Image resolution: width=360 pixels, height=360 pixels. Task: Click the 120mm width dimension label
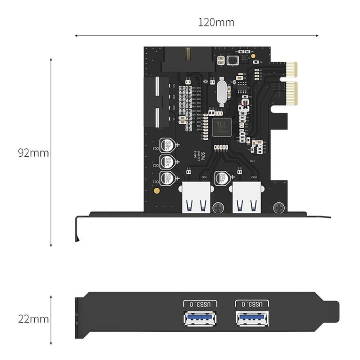click(x=216, y=22)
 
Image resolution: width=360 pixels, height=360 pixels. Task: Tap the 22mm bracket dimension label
click(x=33, y=319)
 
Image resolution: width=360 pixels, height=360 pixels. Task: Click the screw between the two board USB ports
click(x=218, y=207)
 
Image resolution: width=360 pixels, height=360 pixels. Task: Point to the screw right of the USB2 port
click(x=279, y=207)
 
